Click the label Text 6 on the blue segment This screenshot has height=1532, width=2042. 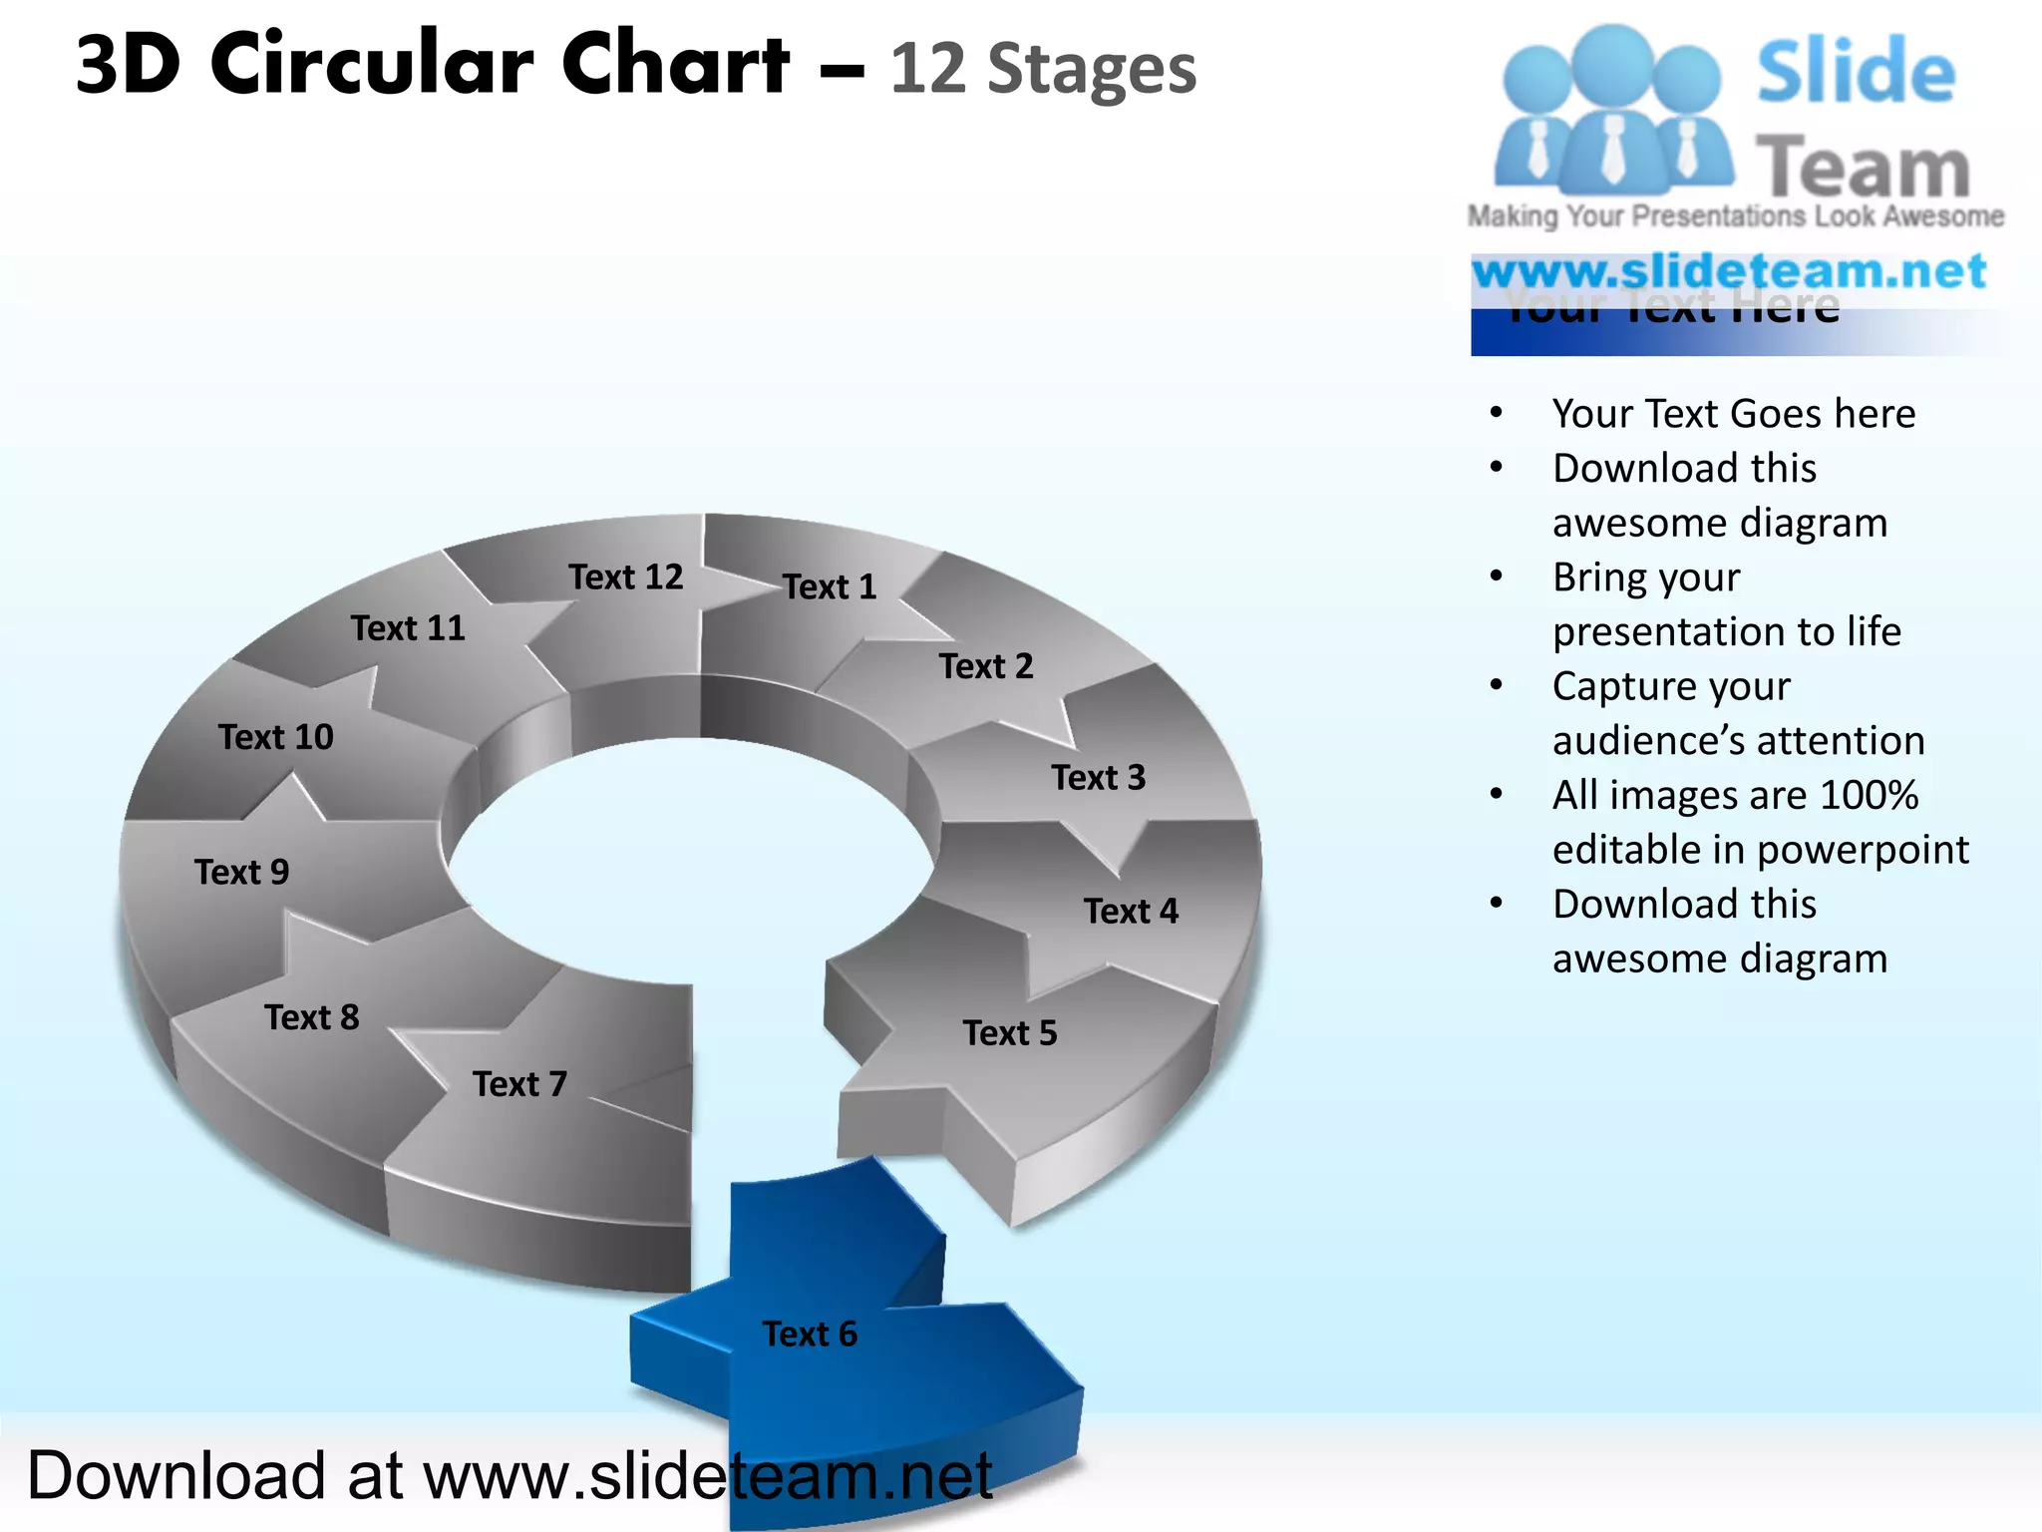click(x=810, y=1334)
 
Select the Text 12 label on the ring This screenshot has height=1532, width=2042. click(x=626, y=576)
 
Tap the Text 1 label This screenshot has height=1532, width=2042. click(x=829, y=586)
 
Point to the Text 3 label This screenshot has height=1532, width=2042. click(x=1098, y=777)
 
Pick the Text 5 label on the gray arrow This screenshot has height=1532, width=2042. click(x=1009, y=1032)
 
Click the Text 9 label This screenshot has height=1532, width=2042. click(x=241, y=872)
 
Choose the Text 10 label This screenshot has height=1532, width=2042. click(x=275, y=737)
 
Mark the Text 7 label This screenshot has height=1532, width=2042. click(x=519, y=1083)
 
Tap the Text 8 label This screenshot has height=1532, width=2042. click(x=311, y=1017)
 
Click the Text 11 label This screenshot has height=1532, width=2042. click(x=408, y=628)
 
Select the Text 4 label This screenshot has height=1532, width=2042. click(x=1131, y=911)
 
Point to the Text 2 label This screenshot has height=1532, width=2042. click(x=985, y=666)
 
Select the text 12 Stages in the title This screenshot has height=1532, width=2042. click(x=1042, y=70)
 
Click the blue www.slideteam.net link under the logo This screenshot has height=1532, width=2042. click(x=1729, y=271)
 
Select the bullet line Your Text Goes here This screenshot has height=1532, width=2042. click(x=1733, y=413)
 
